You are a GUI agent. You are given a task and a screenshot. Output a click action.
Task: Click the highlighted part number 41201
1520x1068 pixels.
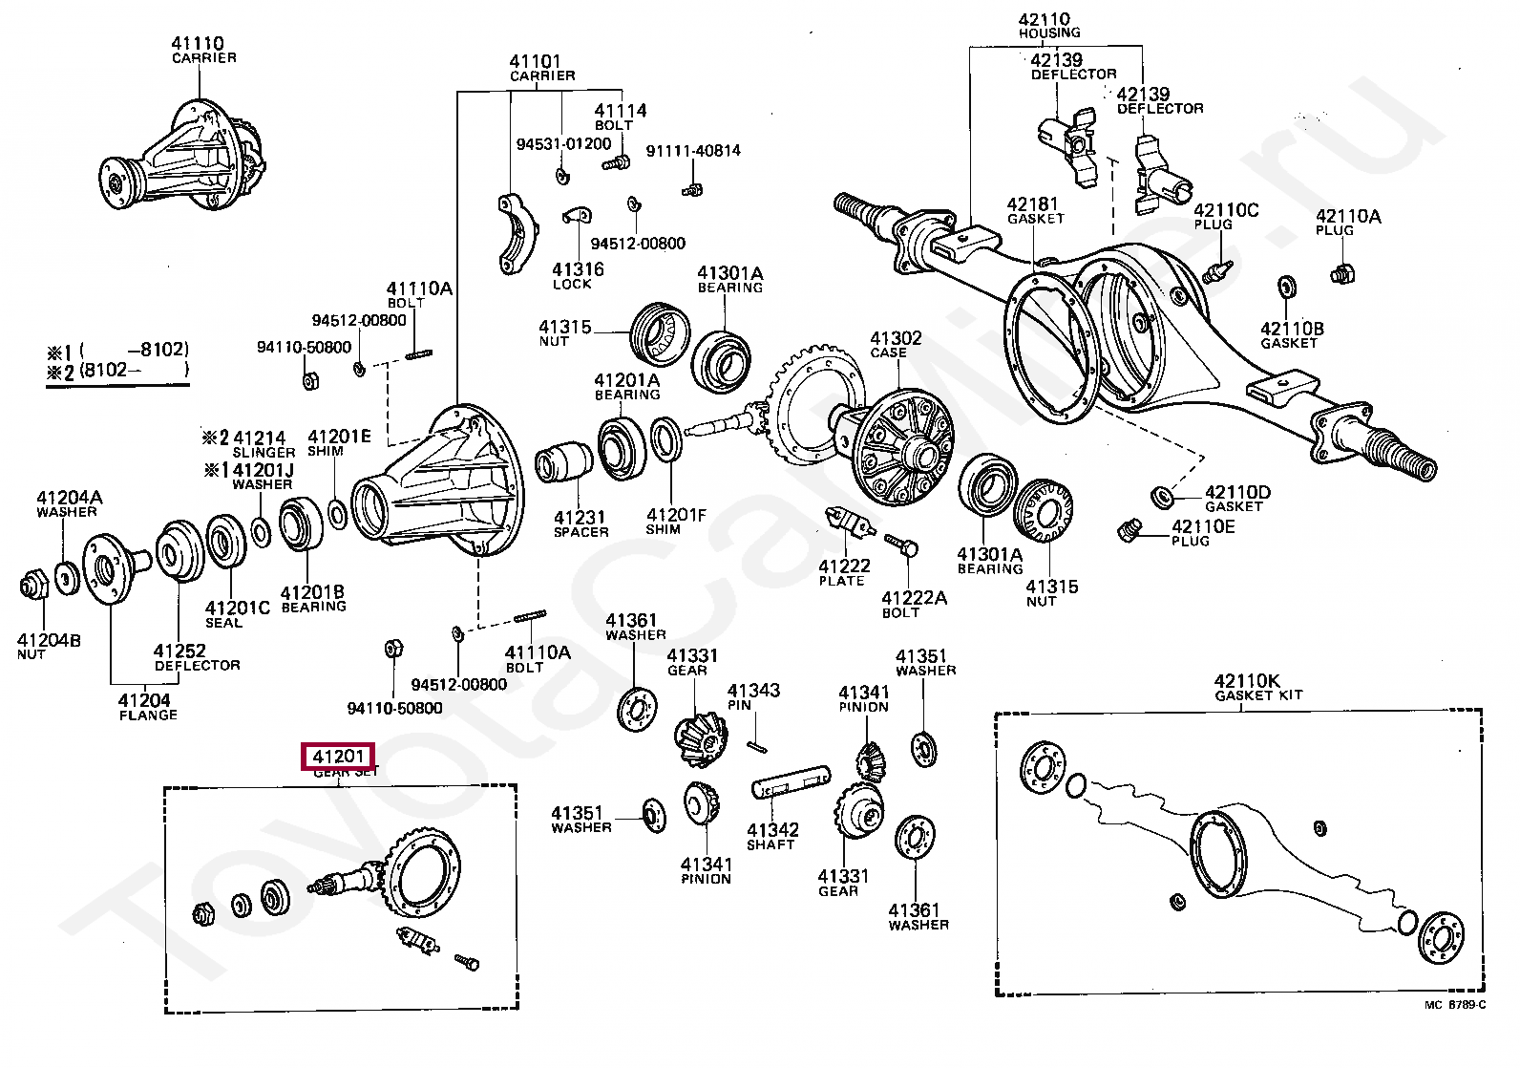coord(338,757)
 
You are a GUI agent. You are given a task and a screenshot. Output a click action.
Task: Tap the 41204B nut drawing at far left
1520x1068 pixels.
coord(33,584)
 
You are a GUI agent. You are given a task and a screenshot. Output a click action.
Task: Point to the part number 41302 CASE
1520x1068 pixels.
coord(896,344)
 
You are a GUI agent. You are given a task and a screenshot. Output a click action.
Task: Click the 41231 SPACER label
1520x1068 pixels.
coord(580,523)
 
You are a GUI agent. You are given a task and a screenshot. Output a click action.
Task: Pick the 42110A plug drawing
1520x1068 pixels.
coord(1342,275)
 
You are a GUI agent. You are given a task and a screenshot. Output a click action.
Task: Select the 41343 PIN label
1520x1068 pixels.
coord(752,696)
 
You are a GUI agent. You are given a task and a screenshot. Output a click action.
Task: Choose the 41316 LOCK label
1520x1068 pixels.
coord(577,275)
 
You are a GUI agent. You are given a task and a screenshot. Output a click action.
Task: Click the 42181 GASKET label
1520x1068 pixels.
coord(1034,210)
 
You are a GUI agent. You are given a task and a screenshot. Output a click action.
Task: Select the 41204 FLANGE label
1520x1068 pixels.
coord(146,707)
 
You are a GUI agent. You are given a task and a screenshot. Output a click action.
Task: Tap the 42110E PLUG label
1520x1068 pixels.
coord(1202,532)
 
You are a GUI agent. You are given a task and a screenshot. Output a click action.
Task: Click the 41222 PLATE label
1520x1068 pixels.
coord(843,572)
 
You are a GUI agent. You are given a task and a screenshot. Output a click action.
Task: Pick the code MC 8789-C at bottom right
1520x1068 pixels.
coord(1455,1005)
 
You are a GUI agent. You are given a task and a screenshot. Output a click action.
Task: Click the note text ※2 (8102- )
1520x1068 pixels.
coord(118,371)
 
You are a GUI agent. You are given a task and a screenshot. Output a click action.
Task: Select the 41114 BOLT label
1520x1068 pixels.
coord(620,117)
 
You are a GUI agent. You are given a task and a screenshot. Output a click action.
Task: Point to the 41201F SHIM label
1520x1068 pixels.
coord(675,521)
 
